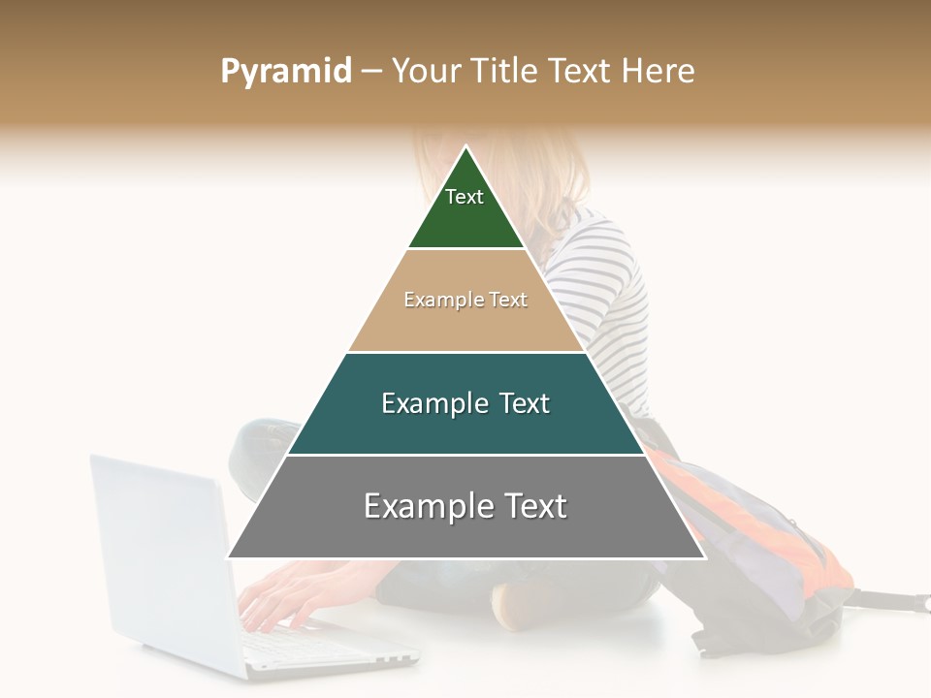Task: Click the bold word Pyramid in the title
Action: pos(286,72)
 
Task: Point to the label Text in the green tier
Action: pos(465,197)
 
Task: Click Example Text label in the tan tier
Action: pos(465,300)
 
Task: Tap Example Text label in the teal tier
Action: pos(465,403)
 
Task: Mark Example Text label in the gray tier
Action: pos(465,506)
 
